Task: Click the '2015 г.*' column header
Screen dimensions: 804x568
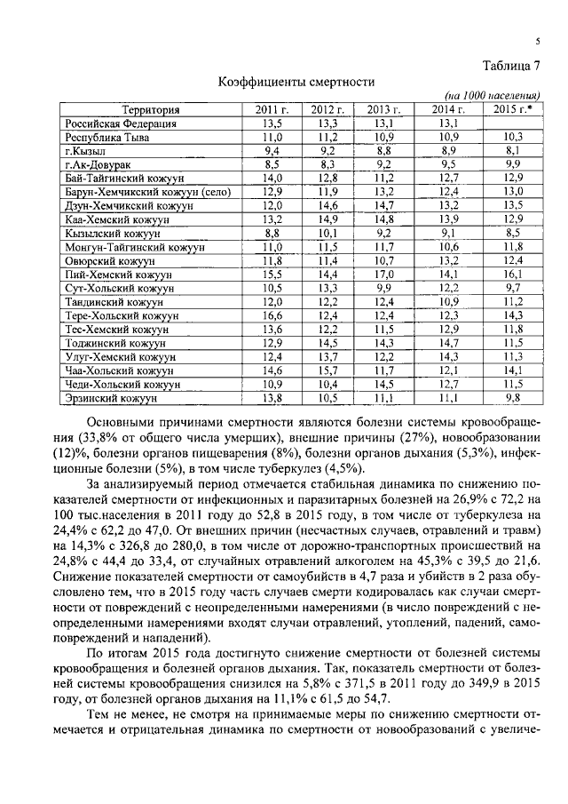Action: (509, 110)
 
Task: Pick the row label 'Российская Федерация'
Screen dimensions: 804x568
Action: (120, 123)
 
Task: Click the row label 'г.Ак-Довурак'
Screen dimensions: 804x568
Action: (99, 164)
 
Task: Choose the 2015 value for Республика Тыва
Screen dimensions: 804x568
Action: (513, 138)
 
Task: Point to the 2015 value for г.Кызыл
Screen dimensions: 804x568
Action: (513, 151)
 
